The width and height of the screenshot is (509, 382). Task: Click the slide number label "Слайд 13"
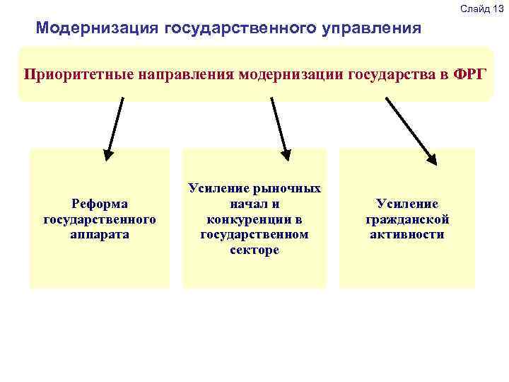click(481, 8)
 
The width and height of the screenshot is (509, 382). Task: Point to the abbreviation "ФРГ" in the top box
click(472, 74)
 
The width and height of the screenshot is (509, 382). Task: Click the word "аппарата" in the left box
click(99, 233)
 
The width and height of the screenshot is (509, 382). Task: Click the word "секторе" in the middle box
click(255, 250)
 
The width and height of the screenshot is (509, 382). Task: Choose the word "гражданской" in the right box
click(407, 219)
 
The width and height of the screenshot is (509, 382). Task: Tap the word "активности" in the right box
click(407, 234)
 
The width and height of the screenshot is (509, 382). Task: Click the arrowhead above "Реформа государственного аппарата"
click(108, 151)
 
